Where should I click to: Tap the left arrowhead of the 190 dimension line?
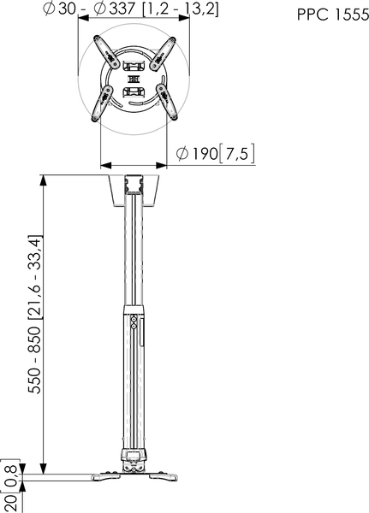point(104,164)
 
